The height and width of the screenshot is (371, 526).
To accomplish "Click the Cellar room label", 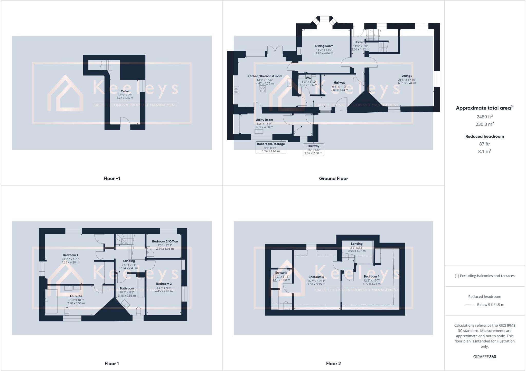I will (x=125, y=91).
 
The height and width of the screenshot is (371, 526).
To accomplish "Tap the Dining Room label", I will (x=324, y=46).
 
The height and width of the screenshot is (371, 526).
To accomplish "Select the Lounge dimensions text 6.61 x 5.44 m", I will (x=407, y=83).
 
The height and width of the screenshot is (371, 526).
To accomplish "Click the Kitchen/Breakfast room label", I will (x=265, y=76).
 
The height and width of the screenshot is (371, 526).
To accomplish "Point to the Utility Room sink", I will (x=259, y=132).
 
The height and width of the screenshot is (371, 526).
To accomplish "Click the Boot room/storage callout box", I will (x=271, y=148).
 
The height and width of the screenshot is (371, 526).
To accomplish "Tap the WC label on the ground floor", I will (x=308, y=78).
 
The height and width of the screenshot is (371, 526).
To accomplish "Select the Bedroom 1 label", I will (x=70, y=255).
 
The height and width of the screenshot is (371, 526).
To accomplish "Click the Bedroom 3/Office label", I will (x=165, y=241).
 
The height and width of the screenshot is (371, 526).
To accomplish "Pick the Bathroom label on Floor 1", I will (x=127, y=288).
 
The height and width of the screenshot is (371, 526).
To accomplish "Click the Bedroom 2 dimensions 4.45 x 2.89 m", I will (x=164, y=291).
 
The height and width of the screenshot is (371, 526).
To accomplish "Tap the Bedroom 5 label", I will (x=316, y=277).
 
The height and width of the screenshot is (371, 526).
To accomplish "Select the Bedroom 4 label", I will (x=372, y=276).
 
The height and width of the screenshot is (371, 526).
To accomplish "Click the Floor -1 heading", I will (x=112, y=179).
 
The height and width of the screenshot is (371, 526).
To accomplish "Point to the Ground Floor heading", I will (x=333, y=179).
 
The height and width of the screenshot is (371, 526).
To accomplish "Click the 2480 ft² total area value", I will (x=484, y=117).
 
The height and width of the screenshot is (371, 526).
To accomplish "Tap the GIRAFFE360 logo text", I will (x=485, y=357).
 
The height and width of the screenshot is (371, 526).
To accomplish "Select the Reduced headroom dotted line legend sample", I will (x=470, y=305).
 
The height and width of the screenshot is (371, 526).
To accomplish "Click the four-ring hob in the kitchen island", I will (x=262, y=89).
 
